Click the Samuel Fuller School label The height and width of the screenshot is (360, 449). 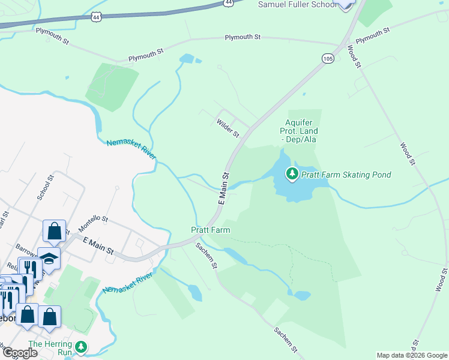point(297,4)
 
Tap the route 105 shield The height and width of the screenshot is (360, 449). point(327,58)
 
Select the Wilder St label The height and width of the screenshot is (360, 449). point(228,127)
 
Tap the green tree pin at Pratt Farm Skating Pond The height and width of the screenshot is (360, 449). point(292,174)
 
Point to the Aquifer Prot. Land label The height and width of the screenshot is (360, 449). point(299,131)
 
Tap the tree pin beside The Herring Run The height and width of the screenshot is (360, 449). point(81,347)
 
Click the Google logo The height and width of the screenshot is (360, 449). point(20,353)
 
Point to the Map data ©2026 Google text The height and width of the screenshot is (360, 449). point(412,355)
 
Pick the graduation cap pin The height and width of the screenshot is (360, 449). point(49,258)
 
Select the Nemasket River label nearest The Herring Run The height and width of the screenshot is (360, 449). point(127,282)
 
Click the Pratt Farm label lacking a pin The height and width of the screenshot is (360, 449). point(211,230)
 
